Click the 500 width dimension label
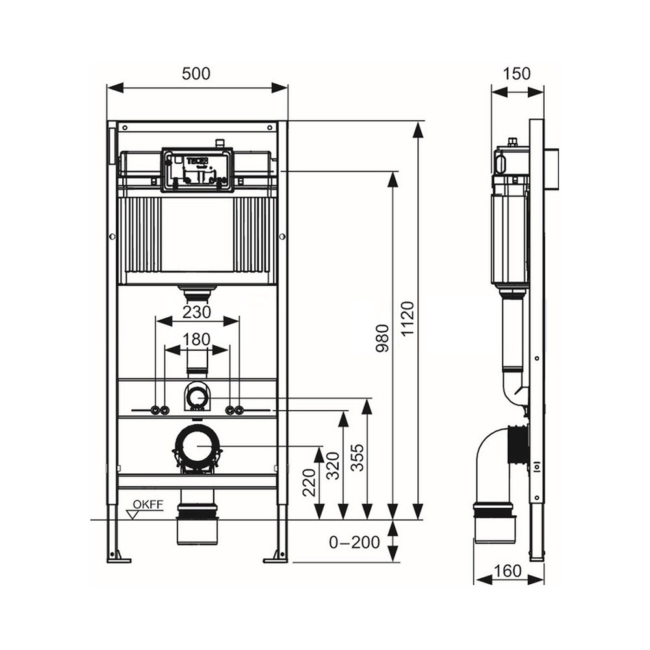point(196,74)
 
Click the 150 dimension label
point(517,74)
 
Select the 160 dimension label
point(508,571)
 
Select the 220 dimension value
point(309,482)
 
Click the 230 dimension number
point(196,312)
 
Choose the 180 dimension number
point(196,339)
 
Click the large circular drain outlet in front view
point(197,446)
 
